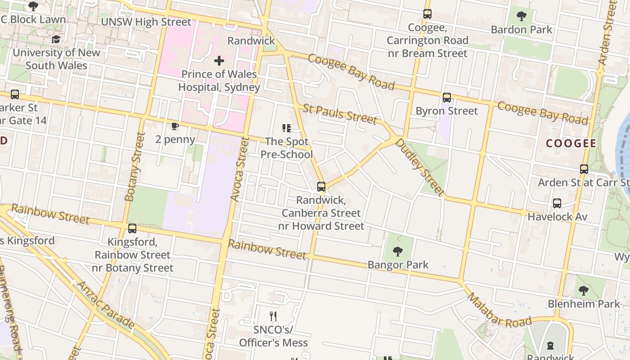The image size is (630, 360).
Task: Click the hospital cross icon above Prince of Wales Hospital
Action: (219, 61)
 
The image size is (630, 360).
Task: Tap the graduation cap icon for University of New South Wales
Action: (56, 40)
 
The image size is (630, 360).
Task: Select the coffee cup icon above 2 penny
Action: (175, 126)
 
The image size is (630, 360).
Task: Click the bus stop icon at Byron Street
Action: (446, 98)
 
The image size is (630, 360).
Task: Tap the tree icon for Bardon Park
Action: (522, 17)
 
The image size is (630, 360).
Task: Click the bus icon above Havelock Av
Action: (557, 203)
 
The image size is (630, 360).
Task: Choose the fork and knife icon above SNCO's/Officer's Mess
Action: (273, 316)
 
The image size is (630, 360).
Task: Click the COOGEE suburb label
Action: (571, 144)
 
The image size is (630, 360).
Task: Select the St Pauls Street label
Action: (340, 114)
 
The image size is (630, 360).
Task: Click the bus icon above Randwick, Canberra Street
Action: (321, 186)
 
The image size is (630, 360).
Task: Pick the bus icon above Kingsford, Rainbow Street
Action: (132, 229)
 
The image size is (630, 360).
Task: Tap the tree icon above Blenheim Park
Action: (584, 291)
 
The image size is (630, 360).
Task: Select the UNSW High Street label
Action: (146, 22)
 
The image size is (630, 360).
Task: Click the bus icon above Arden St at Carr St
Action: (584, 169)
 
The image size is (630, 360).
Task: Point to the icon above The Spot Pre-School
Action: (287, 129)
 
